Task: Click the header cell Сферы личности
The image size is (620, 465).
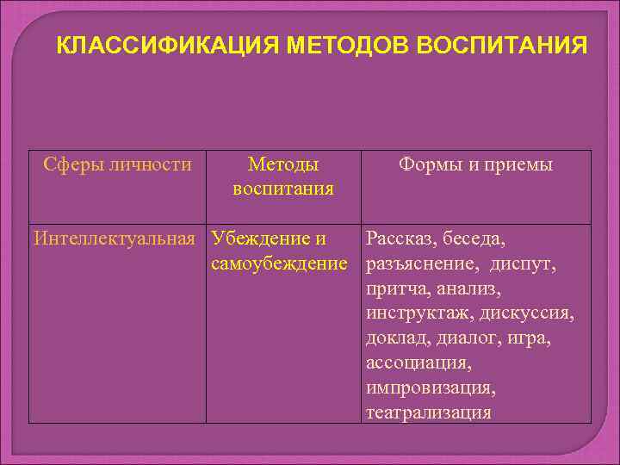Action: (x=118, y=164)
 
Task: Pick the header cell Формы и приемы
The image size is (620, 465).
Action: (x=475, y=164)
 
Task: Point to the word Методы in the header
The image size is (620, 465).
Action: (x=283, y=164)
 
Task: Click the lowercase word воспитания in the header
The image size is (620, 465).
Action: (x=283, y=188)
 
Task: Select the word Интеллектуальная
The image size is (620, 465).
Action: (x=115, y=238)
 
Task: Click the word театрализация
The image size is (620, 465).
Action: (x=428, y=412)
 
